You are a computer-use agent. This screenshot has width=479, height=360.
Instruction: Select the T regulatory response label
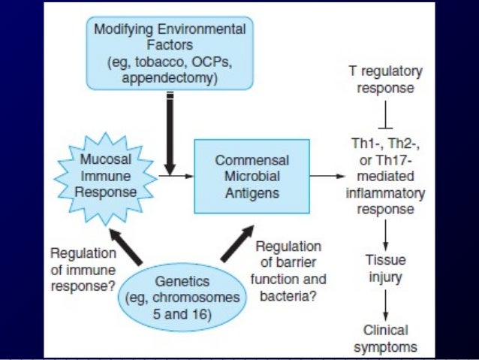tap(385, 79)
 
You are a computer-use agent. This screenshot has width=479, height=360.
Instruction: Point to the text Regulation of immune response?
tap(79, 270)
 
